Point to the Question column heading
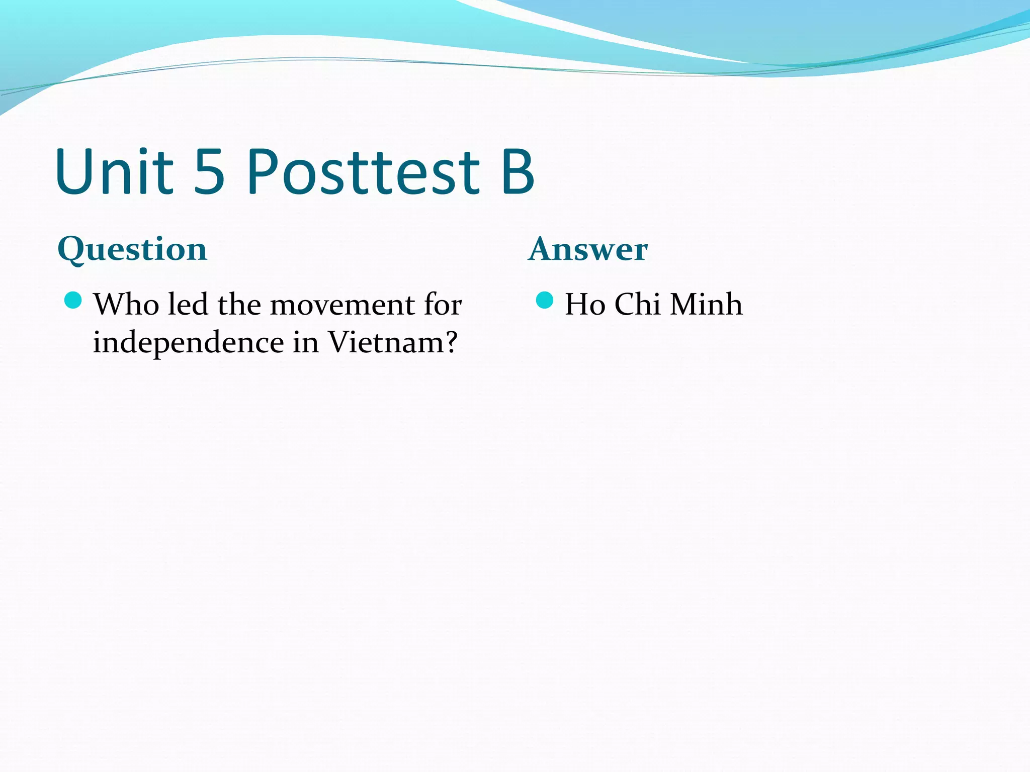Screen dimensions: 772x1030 132,249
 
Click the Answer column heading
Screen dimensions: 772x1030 588,249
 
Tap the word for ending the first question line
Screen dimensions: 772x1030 443,305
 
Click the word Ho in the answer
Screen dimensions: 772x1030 585,305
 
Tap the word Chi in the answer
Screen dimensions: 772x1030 637,305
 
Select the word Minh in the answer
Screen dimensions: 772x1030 706,305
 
